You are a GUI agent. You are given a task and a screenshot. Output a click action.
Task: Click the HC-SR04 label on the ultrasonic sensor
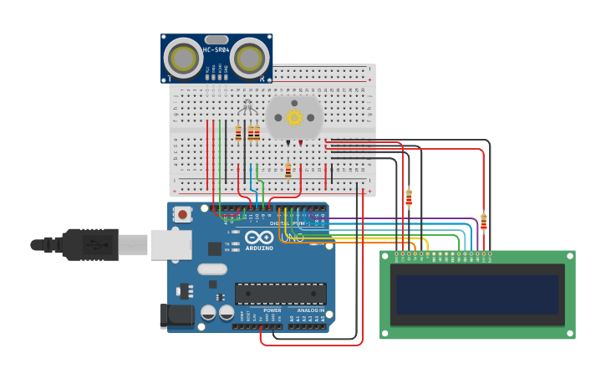(x=216, y=50)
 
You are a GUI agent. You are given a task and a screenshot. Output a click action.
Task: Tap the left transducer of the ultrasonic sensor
(x=183, y=59)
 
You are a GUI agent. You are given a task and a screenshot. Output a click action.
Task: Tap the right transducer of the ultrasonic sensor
(x=249, y=59)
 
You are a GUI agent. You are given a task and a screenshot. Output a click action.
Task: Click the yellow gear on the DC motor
(x=294, y=117)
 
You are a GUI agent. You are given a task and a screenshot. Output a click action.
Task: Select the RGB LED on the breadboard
(x=247, y=107)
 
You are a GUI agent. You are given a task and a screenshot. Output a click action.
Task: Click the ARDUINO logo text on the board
(x=259, y=248)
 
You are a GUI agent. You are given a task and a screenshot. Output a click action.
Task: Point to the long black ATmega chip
(x=280, y=294)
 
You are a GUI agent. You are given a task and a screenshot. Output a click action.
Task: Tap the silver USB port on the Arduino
(x=170, y=245)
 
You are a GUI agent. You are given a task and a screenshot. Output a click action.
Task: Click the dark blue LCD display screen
(x=477, y=294)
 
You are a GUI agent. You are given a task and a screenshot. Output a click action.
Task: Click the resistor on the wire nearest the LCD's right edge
(x=483, y=222)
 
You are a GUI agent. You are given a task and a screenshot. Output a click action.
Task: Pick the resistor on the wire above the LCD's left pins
(x=409, y=197)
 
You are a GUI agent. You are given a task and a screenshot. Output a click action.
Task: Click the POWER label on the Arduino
(x=272, y=310)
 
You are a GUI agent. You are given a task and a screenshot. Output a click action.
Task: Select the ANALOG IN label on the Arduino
(x=311, y=310)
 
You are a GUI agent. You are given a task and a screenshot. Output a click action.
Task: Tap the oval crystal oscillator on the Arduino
(x=212, y=269)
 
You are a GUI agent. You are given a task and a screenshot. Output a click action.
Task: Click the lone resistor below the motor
(x=288, y=171)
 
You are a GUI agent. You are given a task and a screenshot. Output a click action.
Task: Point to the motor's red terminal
(x=301, y=143)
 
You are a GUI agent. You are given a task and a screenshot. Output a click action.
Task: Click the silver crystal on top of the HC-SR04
(x=216, y=39)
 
